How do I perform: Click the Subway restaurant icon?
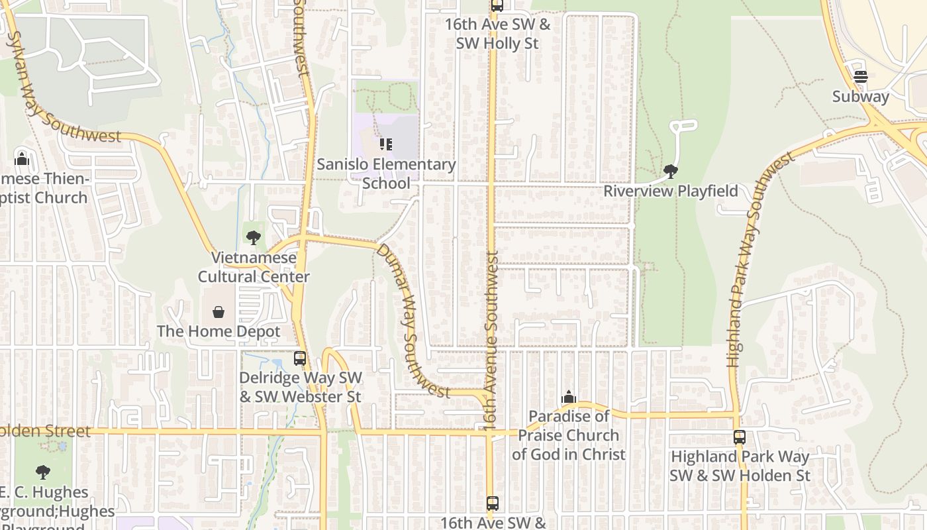(x=860, y=77)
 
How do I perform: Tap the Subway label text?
(x=860, y=97)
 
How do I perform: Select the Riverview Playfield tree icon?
(x=670, y=172)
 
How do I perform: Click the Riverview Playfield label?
(x=670, y=191)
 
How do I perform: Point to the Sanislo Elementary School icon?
(x=385, y=144)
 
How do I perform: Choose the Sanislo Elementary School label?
(x=386, y=173)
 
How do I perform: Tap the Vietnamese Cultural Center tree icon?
(x=253, y=237)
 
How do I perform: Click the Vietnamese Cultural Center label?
(x=254, y=267)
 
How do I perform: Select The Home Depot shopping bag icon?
(x=218, y=311)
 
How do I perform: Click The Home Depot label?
(x=219, y=331)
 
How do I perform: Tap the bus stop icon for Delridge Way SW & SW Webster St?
(x=300, y=358)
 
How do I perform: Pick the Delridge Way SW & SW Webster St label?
(x=301, y=387)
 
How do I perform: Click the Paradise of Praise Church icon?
(x=568, y=397)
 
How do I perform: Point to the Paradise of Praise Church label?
(x=568, y=435)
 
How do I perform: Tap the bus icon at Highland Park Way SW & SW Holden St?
(x=740, y=437)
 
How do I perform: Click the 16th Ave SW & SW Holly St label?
(x=497, y=34)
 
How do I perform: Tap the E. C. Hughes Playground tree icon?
(x=43, y=472)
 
